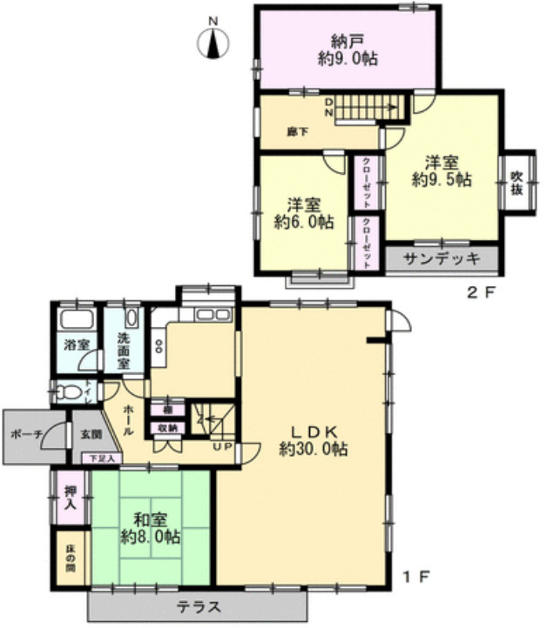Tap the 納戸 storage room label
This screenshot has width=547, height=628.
[x=346, y=40]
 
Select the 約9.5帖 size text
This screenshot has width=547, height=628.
[x=442, y=180]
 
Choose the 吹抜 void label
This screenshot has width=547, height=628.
[x=517, y=184]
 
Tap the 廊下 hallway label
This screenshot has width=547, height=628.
[x=298, y=132]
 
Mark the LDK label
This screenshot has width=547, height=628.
[x=314, y=431]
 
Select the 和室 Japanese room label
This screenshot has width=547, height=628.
[x=139, y=519]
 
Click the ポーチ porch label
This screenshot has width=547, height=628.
[x=27, y=434]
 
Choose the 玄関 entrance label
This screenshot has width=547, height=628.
[x=91, y=434]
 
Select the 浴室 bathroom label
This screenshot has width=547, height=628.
[x=77, y=344]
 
